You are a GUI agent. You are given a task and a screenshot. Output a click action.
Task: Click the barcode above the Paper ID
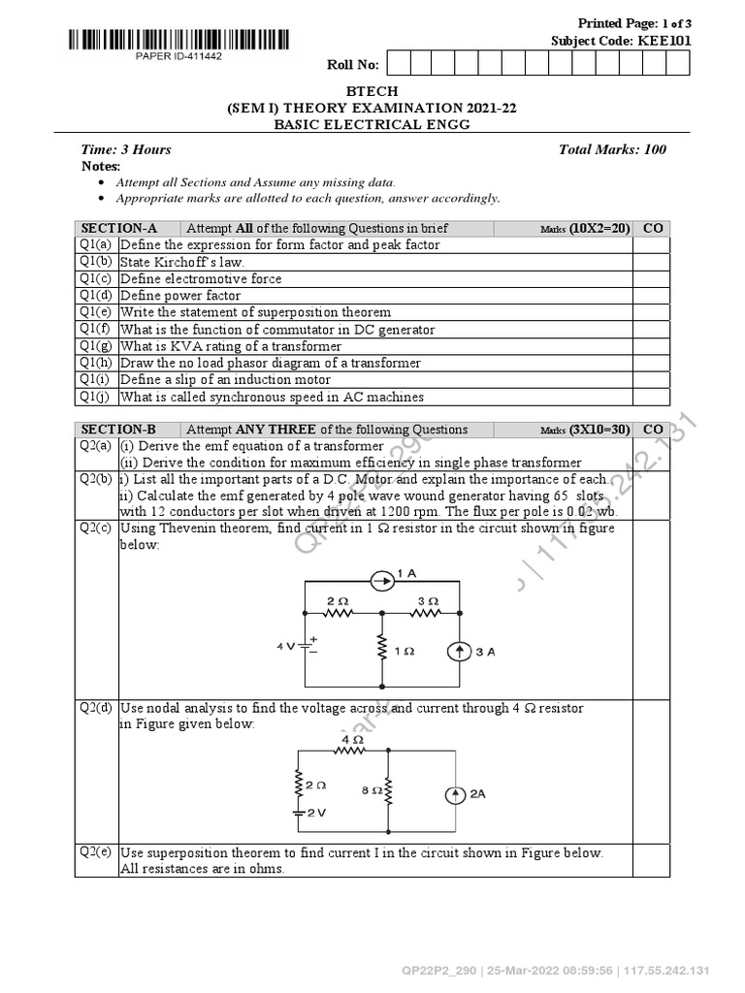[x=178, y=40]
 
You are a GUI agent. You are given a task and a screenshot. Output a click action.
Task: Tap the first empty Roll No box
[x=397, y=64]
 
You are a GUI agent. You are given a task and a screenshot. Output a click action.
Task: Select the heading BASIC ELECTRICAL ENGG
[x=372, y=124]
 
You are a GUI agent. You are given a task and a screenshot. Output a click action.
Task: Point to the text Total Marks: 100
[x=612, y=149]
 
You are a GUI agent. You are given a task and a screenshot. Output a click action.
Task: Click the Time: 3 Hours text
[x=126, y=149]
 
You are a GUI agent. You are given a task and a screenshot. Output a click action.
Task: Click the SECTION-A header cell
[x=125, y=228]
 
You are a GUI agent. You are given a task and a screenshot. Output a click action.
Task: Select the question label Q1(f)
[x=96, y=329]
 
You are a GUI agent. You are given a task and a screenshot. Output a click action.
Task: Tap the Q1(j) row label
[x=96, y=397]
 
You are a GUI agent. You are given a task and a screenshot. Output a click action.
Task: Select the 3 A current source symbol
[x=459, y=652]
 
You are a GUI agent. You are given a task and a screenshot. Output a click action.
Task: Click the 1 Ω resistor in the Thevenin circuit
[x=382, y=651]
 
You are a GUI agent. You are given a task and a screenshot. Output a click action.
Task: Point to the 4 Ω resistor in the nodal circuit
[x=350, y=749]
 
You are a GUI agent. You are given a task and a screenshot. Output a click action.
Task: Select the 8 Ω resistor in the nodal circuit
[x=387, y=791]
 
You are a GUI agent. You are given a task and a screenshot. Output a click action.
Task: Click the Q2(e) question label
[x=96, y=852]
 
